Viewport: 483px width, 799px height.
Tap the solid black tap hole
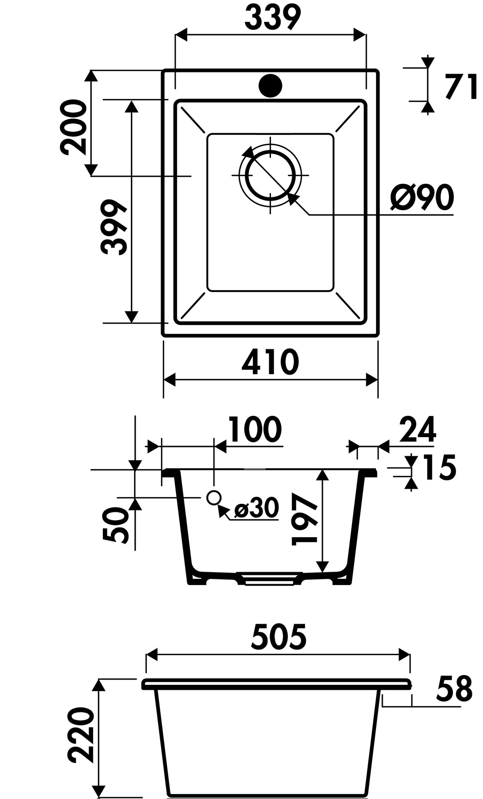270,85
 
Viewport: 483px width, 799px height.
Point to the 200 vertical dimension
73,127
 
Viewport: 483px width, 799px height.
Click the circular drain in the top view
270,175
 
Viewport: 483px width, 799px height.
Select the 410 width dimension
271,362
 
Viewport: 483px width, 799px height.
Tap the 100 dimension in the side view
255,429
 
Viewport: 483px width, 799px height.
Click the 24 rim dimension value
418,429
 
